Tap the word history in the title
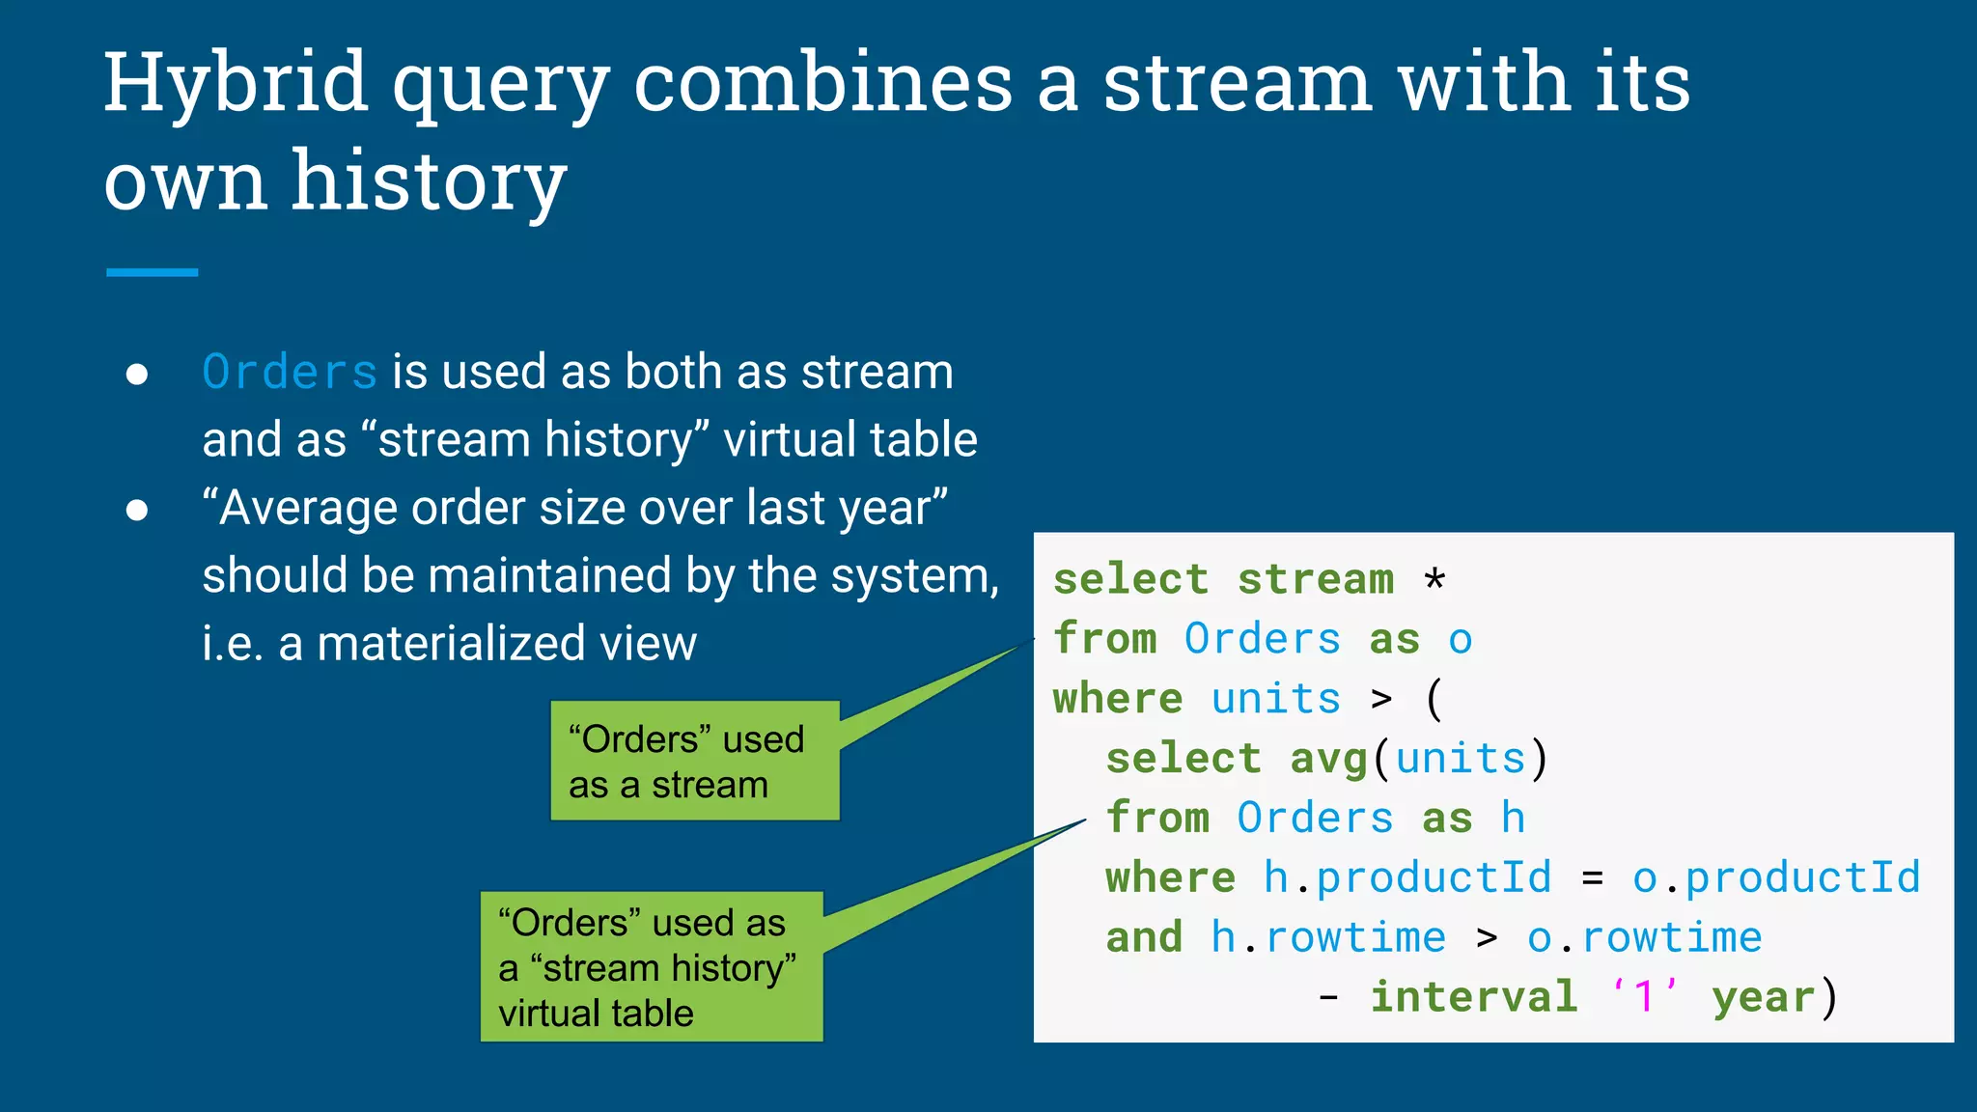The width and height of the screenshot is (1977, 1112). pos(429,181)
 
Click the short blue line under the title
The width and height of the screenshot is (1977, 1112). pos(152,273)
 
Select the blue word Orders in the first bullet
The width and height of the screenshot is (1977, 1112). pos(290,373)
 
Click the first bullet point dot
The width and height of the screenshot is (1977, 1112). pos(137,375)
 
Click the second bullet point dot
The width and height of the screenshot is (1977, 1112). pos(137,510)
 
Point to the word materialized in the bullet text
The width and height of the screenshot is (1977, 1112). pos(451,644)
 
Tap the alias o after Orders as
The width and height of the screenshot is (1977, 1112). pos(1460,640)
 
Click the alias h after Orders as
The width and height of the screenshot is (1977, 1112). pos(1513,819)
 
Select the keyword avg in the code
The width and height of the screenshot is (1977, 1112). pos(1328,759)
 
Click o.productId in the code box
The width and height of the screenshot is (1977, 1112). pos(1775,878)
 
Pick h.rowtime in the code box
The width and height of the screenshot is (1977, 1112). pos(1328,938)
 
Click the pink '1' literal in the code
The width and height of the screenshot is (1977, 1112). pos(1644,996)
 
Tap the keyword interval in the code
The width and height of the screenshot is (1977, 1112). pos(1473,997)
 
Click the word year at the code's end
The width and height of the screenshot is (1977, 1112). pos(1763,997)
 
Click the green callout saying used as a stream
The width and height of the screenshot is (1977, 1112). pos(694,762)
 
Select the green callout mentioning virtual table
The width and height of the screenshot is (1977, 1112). pos(652,967)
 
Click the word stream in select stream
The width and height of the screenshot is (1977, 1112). pos(1316,580)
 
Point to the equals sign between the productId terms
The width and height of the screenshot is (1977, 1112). pos(1592,878)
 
